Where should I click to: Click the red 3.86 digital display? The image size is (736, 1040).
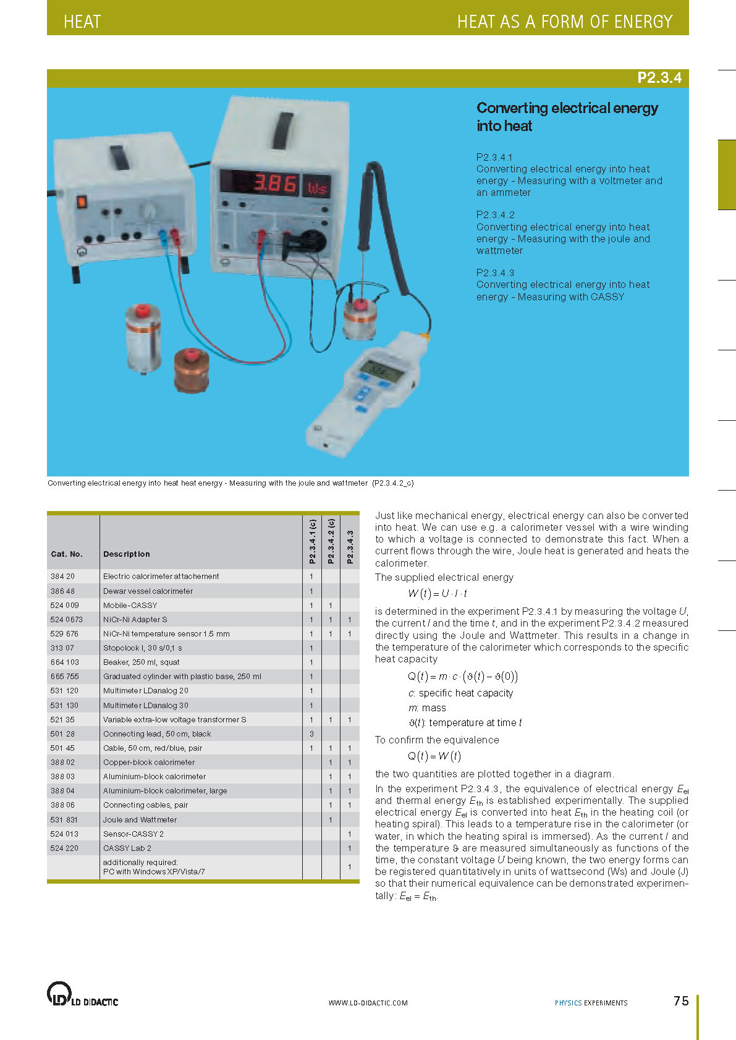(x=276, y=184)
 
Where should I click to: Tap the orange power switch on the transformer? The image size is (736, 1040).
(x=81, y=201)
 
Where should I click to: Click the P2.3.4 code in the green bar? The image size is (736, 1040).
(x=659, y=78)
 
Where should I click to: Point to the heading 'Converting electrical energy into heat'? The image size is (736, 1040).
(x=567, y=117)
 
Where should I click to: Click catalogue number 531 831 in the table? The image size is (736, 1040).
(x=64, y=819)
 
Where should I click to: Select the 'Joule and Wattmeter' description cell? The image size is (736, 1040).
(x=140, y=819)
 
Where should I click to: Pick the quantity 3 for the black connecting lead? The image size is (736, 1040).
(x=311, y=733)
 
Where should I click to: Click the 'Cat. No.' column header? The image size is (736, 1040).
(x=67, y=554)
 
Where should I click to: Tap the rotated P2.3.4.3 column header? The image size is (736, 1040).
(x=350, y=547)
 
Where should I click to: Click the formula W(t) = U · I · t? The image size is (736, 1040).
(x=438, y=593)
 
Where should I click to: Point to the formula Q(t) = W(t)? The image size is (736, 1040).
(x=434, y=756)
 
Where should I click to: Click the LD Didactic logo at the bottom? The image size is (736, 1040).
(x=82, y=994)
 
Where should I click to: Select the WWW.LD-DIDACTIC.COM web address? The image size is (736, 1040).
(x=368, y=1003)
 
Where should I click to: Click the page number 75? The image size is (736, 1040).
(x=681, y=1000)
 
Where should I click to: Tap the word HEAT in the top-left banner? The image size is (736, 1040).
(x=82, y=22)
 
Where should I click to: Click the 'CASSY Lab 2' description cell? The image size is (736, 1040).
(x=127, y=848)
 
